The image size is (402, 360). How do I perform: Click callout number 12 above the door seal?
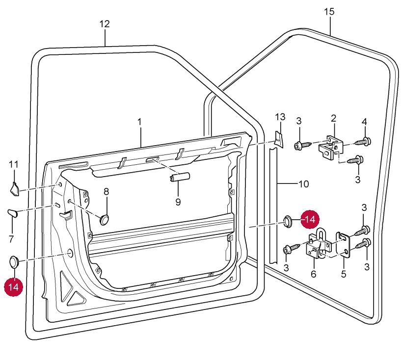[x=105, y=24]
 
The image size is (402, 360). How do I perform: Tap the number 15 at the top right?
[x=329, y=12]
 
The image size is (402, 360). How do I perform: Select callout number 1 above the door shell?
[x=139, y=121]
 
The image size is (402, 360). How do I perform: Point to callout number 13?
[x=280, y=117]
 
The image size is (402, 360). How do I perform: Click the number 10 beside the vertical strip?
[x=303, y=184]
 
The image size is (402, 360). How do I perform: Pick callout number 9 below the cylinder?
[x=178, y=202]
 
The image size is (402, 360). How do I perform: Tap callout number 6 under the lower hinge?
[x=314, y=274]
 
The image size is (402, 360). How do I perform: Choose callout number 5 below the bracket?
[x=344, y=274]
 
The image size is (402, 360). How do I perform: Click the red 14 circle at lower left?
[x=14, y=287]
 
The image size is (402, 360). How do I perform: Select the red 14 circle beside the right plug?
[x=310, y=220]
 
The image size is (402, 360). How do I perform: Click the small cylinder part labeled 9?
[x=180, y=178]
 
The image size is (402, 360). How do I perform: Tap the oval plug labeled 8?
[x=105, y=219]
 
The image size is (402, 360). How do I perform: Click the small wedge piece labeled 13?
[x=278, y=139]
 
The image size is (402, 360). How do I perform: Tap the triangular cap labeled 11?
[x=14, y=188]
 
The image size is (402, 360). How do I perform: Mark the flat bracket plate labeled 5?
[x=343, y=245]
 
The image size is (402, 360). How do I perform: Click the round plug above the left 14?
[x=14, y=261]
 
